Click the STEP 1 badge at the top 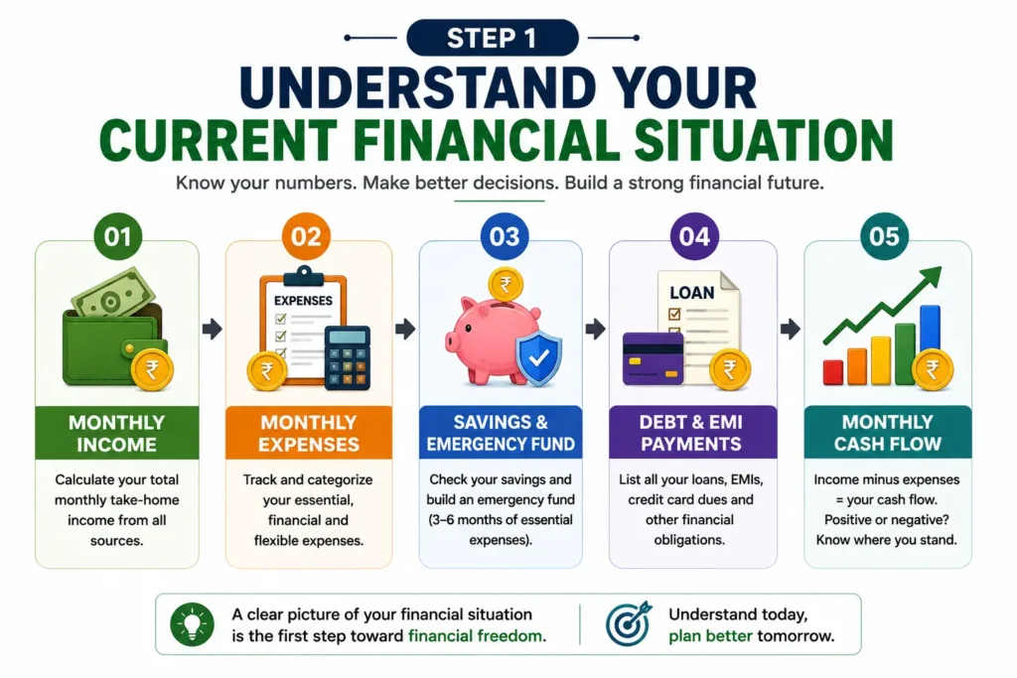(x=493, y=38)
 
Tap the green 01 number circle (x=117, y=236)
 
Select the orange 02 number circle (x=306, y=236)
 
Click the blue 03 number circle (x=505, y=236)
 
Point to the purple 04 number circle (x=694, y=236)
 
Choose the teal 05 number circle (x=884, y=236)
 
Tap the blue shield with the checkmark (x=538, y=357)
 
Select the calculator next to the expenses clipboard (x=347, y=357)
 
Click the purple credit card (x=653, y=358)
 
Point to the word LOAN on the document (x=691, y=293)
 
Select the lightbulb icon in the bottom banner (x=192, y=624)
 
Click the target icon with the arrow (x=629, y=622)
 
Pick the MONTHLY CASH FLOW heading (x=887, y=433)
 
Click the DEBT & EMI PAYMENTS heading (x=691, y=433)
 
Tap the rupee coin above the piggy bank (x=506, y=284)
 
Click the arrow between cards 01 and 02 (x=213, y=329)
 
